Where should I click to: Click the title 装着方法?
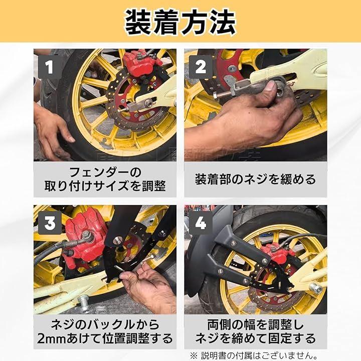[180, 22]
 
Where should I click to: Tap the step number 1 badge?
[49, 67]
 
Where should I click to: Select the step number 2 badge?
[200, 67]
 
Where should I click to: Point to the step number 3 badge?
[50, 223]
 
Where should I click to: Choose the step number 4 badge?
[200, 223]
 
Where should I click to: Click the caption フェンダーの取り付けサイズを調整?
[105, 179]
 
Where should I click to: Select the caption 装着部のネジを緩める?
[255, 179]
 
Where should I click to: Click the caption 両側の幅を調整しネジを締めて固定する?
[255, 331]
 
